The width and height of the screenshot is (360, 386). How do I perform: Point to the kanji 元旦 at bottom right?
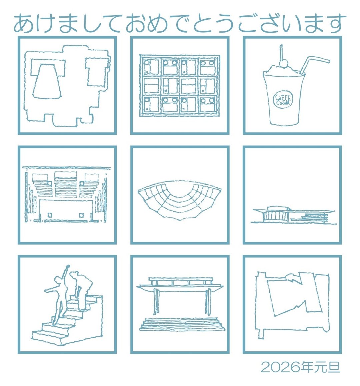(x=330, y=367)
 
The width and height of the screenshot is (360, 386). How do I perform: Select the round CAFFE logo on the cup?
(x=283, y=100)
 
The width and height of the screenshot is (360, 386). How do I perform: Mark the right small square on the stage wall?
(x=81, y=215)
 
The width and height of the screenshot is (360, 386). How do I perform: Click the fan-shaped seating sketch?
(x=180, y=200)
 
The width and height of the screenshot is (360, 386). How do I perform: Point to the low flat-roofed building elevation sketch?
(x=293, y=215)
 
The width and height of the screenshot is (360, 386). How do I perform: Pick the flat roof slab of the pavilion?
(x=181, y=285)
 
